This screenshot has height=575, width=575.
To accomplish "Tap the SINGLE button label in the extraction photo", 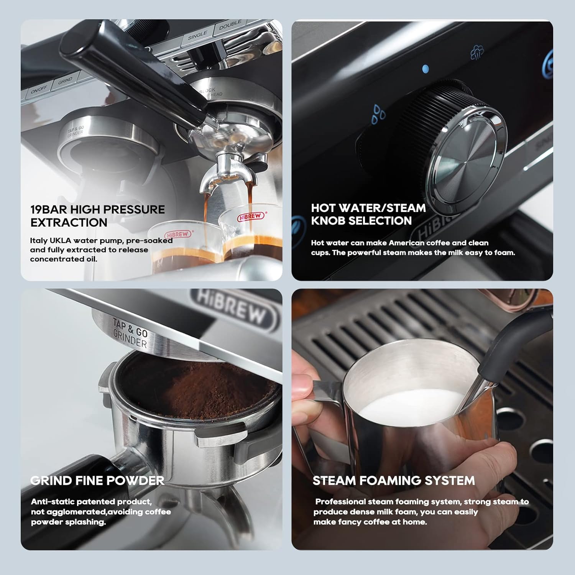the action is (197, 36).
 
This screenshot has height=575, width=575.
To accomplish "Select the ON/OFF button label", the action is (39, 90).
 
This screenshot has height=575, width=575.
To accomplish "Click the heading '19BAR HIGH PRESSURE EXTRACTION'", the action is (98, 216).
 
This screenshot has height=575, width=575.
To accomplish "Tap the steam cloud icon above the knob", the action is (477, 52).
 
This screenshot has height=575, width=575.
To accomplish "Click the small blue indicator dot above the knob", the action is (425, 69).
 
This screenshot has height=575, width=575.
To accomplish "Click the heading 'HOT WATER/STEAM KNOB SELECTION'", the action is (368, 214).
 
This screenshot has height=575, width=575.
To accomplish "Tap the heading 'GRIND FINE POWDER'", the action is (97, 480).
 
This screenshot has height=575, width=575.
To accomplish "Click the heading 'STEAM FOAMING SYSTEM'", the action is (394, 480).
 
